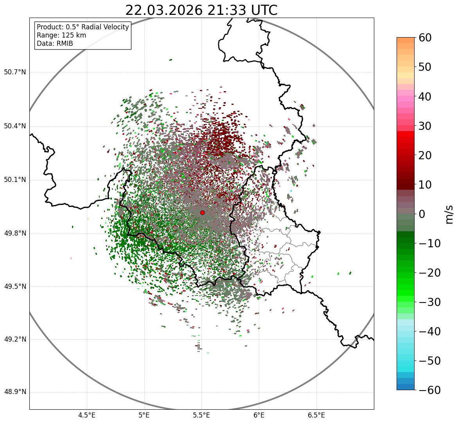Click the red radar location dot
tap(202, 212)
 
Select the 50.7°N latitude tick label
tap(15, 72)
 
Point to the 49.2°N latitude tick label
tap(15, 339)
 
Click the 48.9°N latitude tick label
tap(15, 392)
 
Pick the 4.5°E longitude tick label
tap(87, 415)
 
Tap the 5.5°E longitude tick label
tap(201, 415)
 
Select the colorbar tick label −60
tap(429, 390)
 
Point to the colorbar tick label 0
tap(422, 214)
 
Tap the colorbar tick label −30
tap(429, 302)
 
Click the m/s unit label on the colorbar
tap(450, 214)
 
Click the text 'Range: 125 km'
tap(61, 35)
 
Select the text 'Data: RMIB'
tap(55, 43)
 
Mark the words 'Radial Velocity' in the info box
tap(106, 27)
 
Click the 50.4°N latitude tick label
tap(15, 126)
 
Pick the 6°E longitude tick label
tap(259, 415)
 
